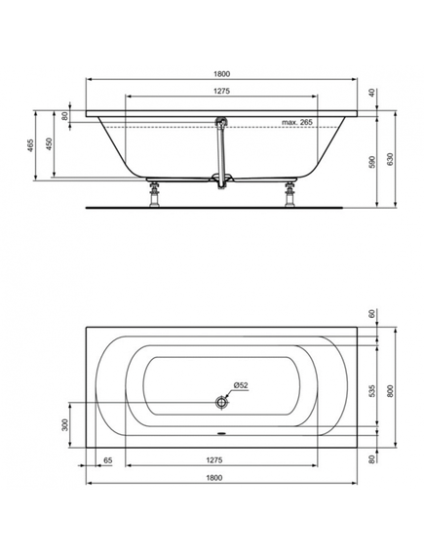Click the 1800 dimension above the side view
tap(221, 74)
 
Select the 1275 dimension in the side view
tap(221, 91)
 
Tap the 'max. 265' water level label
tap(297, 122)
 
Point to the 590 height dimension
tap(372, 161)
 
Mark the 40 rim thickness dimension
tap(371, 93)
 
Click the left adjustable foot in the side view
tap(154, 194)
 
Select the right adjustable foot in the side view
tap(290, 194)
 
